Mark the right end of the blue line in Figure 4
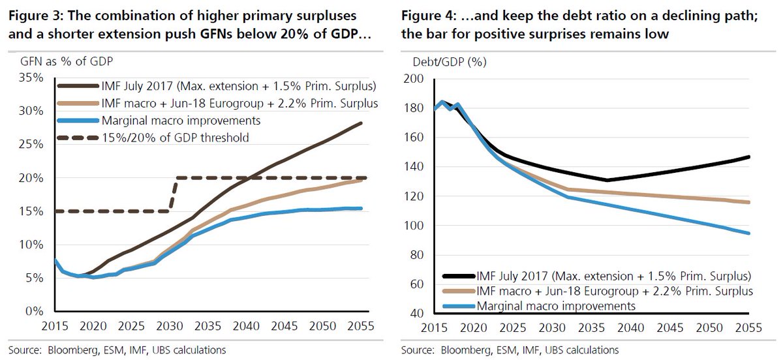749,233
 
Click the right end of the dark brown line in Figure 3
361,123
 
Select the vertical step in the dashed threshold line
174,194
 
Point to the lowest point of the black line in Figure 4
607,180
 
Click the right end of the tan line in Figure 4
749,202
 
